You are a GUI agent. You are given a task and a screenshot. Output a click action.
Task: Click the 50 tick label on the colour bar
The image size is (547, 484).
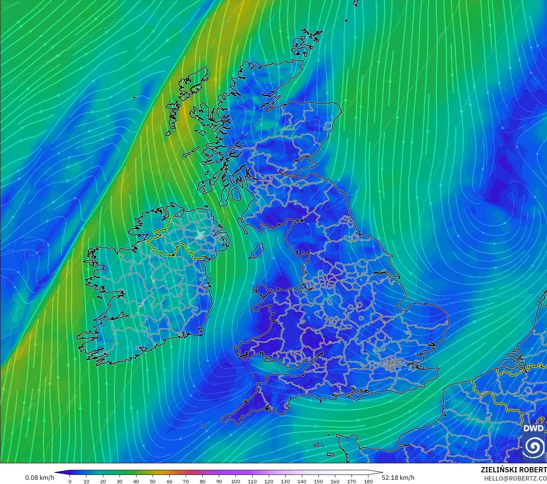coord(153,481)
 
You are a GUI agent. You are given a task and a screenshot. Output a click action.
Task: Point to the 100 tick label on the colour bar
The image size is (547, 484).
coord(236,481)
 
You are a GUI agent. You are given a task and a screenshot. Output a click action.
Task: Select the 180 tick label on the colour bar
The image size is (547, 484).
coord(368,481)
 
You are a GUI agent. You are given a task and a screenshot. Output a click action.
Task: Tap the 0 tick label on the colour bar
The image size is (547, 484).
coord(70,481)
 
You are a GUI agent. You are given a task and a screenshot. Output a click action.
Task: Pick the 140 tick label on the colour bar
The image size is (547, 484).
coord(302,481)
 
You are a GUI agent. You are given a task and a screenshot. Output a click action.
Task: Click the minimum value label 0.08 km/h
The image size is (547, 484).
coord(39,478)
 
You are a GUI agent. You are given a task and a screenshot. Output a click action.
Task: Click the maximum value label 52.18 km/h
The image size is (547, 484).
coord(398,478)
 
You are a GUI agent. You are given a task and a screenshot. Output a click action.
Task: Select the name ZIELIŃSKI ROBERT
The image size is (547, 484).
coord(514,470)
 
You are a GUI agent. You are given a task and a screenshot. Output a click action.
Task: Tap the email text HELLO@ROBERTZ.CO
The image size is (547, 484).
coord(515,478)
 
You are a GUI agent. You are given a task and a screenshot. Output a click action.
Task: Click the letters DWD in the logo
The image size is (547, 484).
coord(533,428)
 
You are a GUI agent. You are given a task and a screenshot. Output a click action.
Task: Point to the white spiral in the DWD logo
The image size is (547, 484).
coord(533,446)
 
